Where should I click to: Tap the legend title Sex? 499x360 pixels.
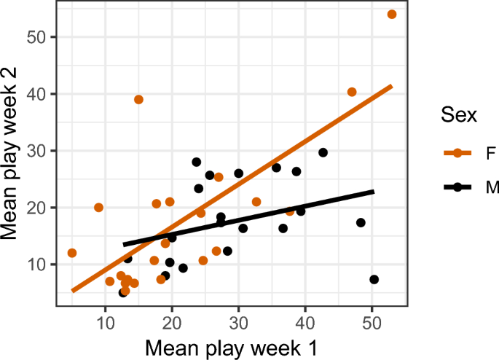coord(459,115)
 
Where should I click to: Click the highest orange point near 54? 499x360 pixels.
coord(392,15)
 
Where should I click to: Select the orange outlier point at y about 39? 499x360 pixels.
coord(138,99)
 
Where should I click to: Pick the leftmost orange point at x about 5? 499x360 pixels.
coord(72,253)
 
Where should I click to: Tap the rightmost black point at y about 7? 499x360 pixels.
coord(374,279)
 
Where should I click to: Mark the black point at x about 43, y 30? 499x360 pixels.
coord(323,152)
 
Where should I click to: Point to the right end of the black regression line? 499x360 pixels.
coord(374,192)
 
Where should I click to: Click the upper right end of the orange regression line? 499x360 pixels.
coord(392,86)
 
